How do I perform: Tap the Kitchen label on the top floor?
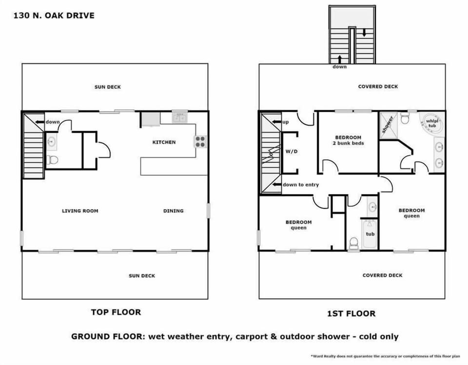(164, 142)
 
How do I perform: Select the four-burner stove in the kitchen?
(200, 141)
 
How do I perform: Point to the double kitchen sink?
(179, 117)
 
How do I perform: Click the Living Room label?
(80, 211)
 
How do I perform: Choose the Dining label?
(173, 211)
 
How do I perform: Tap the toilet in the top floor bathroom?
(53, 160)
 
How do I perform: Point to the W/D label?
(291, 152)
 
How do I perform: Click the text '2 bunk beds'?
(348, 143)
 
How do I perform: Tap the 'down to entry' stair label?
(301, 185)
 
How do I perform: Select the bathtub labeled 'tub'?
(370, 234)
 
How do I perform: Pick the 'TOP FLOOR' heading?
(116, 312)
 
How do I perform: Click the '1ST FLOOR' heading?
(351, 313)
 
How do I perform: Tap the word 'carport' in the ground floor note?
(278, 336)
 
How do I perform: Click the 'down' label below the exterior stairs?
(339, 67)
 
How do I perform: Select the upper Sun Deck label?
(107, 87)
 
